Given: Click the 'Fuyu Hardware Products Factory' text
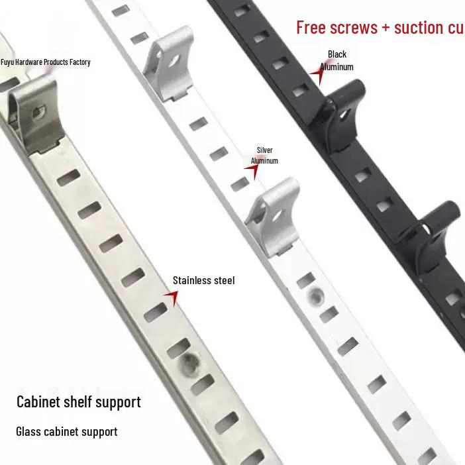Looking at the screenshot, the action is (45, 62).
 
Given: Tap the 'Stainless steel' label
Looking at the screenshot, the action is (204, 281).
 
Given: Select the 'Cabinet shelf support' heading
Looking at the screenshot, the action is (79, 402).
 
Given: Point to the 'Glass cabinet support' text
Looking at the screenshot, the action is (67, 432).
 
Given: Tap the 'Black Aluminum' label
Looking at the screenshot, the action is (337, 60).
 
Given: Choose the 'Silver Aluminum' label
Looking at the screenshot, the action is (264, 156).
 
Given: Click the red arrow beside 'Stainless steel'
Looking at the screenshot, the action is (172, 297).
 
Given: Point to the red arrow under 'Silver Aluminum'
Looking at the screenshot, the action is (252, 170).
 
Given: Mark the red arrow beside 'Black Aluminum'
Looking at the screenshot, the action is (317, 74).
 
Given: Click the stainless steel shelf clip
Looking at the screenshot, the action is (36, 114).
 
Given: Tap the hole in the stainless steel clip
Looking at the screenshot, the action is (38, 113).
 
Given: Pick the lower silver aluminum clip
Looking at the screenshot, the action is (274, 217).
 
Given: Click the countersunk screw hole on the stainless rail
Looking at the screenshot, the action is (189, 364).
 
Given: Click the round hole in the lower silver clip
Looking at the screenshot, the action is (278, 215).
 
